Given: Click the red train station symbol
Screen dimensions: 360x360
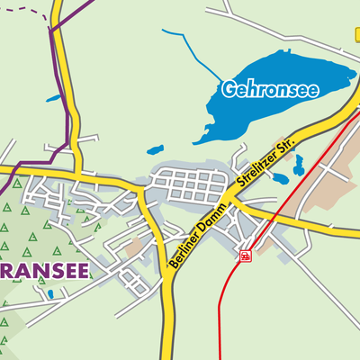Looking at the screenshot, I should pyautogui.click(x=244, y=256).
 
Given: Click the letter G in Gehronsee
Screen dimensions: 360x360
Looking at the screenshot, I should pyautogui.click(x=229, y=89).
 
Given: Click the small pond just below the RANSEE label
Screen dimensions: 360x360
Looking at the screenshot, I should pyautogui.click(x=50, y=293).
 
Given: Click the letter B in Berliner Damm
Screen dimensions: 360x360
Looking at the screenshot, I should pyautogui.click(x=174, y=269).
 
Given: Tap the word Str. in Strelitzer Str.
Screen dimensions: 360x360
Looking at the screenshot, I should pyautogui.click(x=297, y=140).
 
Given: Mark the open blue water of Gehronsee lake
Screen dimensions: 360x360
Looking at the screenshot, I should pyautogui.click(x=297, y=67).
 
